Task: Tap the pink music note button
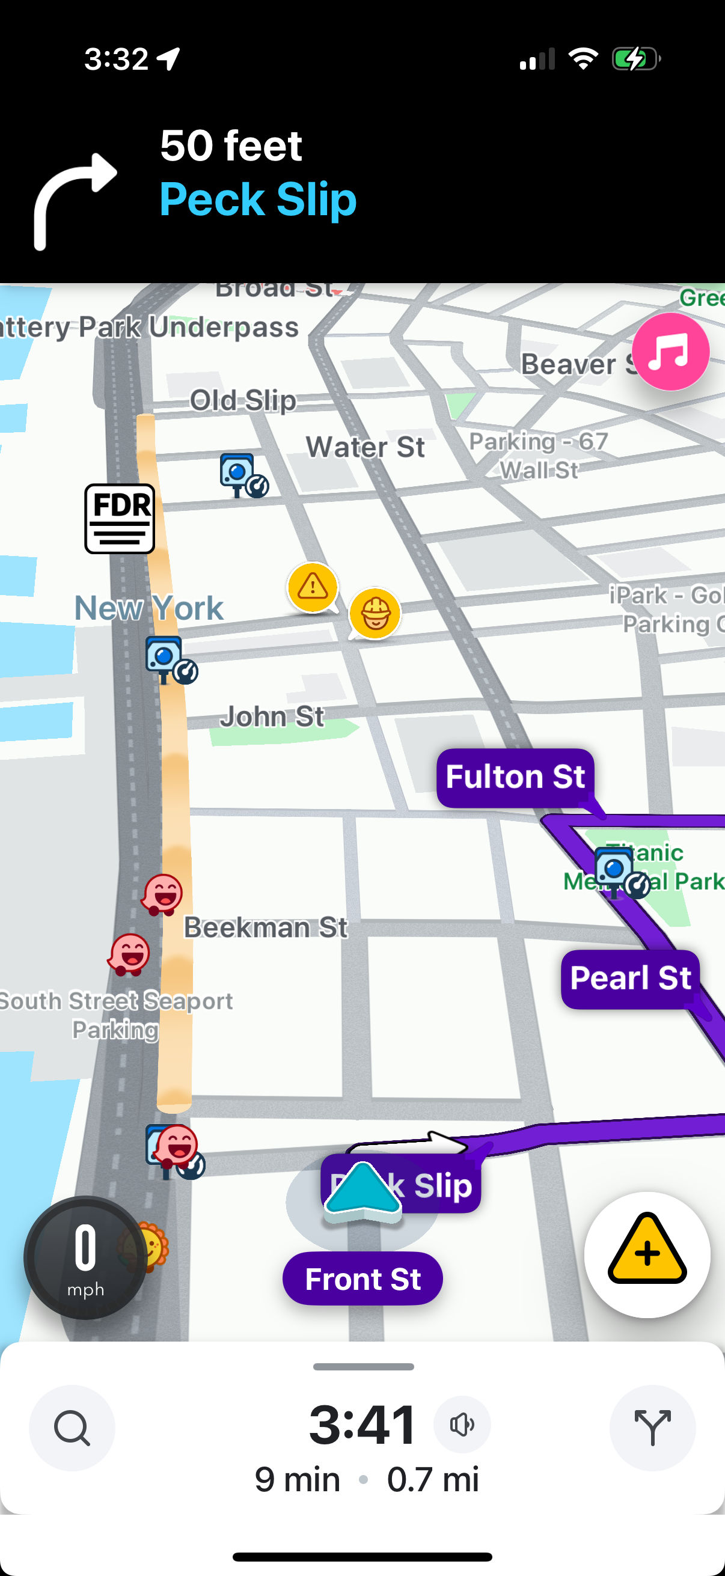click(x=670, y=352)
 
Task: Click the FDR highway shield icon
click(x=119, y=518)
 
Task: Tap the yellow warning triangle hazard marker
click(x=313, y=587)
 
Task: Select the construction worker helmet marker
click(x=375, y=612)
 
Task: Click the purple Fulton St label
click(x=515, y=777)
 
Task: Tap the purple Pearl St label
click(x=630, y=978)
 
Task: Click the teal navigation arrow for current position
click(x=363, y=1190)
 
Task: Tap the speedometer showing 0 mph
click(x=85, y=1257)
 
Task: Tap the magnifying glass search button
click(x=72, y=1428)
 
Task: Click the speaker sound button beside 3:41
click(x=462, y=1425)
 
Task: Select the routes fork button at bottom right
click(x=652, y=1428)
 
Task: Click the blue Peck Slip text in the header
click(x=257, y=199)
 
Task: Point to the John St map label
click(x=272, y=716)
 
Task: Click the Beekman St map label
click(x=266, y=927)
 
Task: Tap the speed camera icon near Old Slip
click(x=242, y=475)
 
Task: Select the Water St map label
click(x=366, y=447)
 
